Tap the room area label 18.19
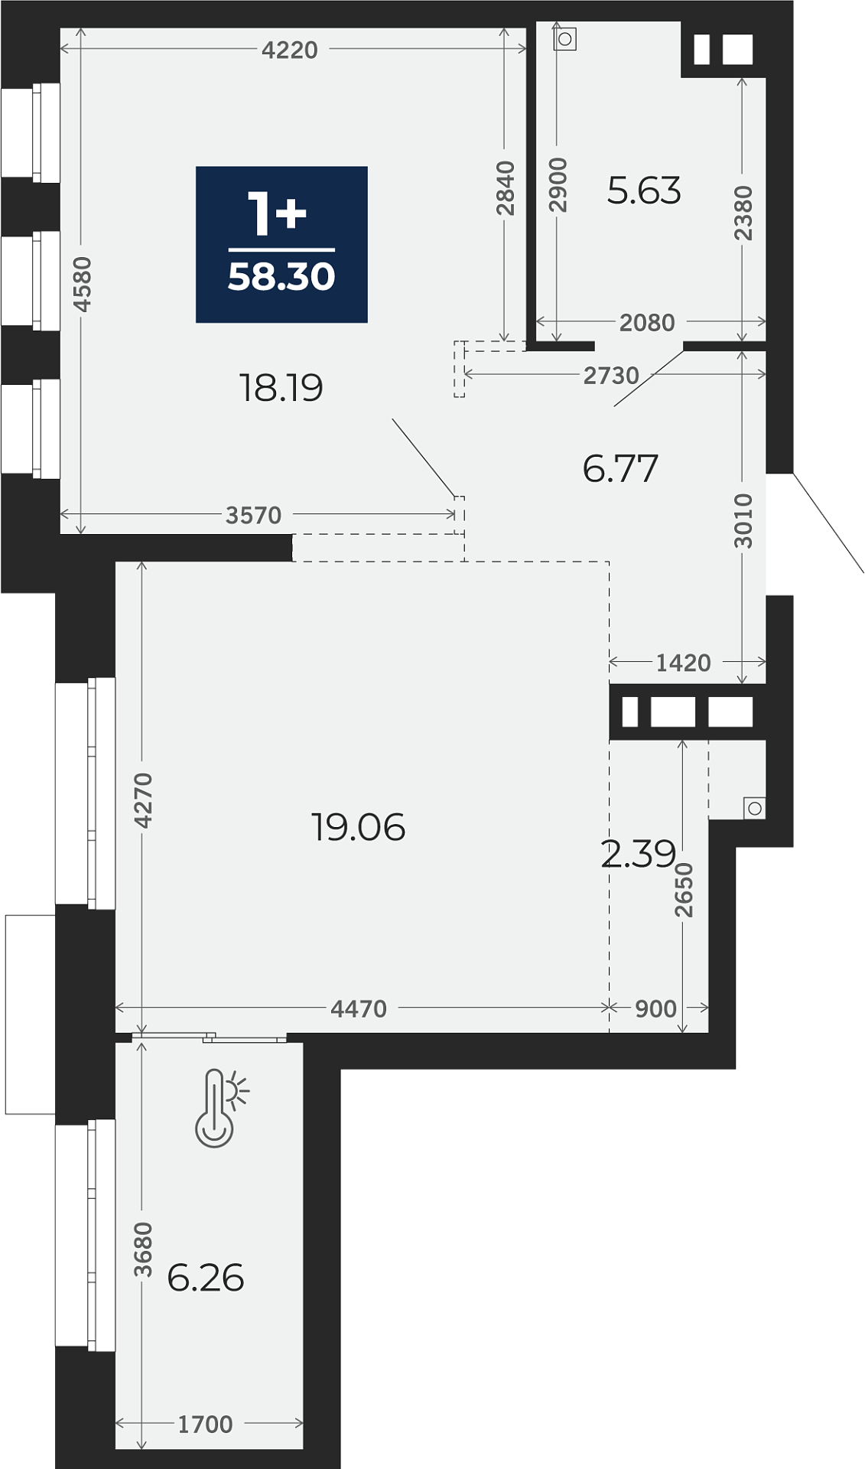click(281, 388)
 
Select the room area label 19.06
click(358, 828)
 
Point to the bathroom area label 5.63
click(644, 191)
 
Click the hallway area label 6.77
click(620, 468)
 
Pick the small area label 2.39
click(638, 854)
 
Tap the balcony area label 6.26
click(205, 1278)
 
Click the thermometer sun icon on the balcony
click(221, 1107)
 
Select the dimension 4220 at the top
click(289, 50)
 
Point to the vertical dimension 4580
click(83, 284)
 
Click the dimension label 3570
click(254, 515)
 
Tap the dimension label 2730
click(610, 375)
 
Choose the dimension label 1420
click(683, 663)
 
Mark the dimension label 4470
click(359, 1008)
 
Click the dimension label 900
click(655, 1008)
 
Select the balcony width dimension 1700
click(205, 1425)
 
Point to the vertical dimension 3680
click(143, 1249)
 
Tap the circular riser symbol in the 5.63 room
click(565, 39)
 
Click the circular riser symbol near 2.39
click(755, 808)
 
